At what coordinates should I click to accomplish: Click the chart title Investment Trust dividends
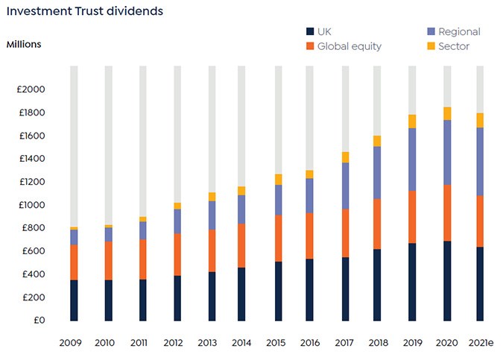click(x=84, y=12)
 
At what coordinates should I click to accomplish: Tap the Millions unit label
click(x=24, y=44)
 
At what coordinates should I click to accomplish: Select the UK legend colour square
click(x=310, y=32)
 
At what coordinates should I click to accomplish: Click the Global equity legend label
click(x=349, y=46)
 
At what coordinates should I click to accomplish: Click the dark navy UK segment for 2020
click(x=446, y=281)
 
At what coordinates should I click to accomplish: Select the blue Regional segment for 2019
click(x=412, y=160)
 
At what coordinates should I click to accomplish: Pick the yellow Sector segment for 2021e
click(x=481, y=120)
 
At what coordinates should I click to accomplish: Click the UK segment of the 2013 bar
click(x=212, y=297)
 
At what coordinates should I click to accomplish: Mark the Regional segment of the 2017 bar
click(x=345, y=186)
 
